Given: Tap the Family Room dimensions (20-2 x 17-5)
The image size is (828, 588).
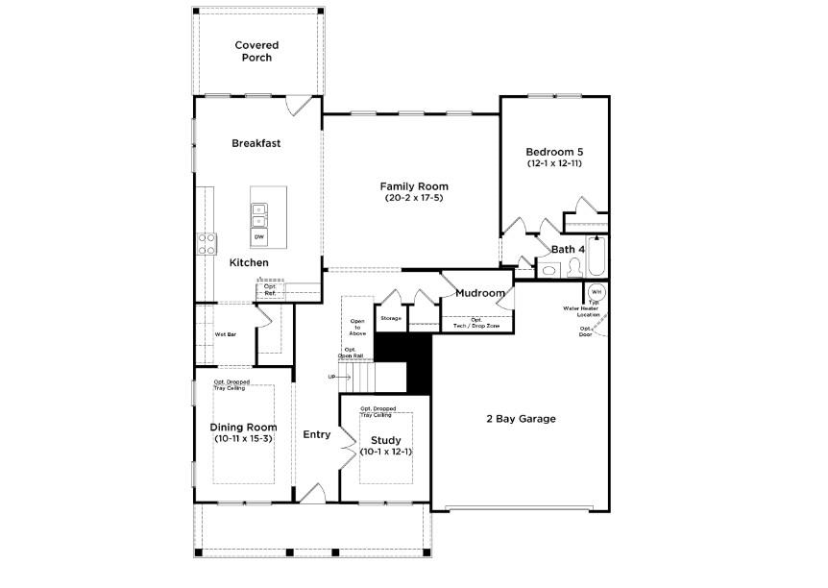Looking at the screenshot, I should (414, 198).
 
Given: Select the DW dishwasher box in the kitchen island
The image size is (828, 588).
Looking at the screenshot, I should (259, 236).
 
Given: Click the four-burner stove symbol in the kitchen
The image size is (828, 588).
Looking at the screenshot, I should (207, 243).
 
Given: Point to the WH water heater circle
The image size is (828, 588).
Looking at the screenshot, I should (596, 291).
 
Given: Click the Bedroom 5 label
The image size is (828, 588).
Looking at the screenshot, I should (554, 152).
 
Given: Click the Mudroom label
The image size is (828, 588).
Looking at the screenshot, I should (480, 293).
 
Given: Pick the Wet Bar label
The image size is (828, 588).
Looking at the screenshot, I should (226, 334).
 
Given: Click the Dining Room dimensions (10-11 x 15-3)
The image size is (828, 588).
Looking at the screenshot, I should (244, 439).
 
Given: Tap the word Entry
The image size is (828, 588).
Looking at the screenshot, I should (317, 434).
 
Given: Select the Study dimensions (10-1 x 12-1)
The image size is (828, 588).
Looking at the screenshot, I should (386, 452).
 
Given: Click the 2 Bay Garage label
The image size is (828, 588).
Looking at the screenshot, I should (521, 419).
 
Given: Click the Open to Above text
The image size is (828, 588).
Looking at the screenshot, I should (357, 326).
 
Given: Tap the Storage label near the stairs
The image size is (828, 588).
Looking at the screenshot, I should (391, 317).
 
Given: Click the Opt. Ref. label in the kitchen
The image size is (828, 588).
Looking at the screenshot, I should (270, 289).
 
